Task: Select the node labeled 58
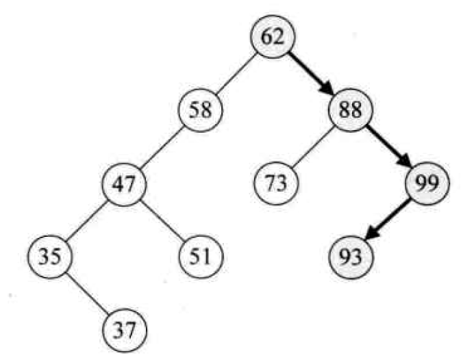click(199, 110)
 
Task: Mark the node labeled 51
click(199, 257)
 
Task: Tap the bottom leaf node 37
click(124, 330)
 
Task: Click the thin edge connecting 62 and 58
click(236, 73)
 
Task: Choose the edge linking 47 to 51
click(162, 220)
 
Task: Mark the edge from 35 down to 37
click(87, 293)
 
